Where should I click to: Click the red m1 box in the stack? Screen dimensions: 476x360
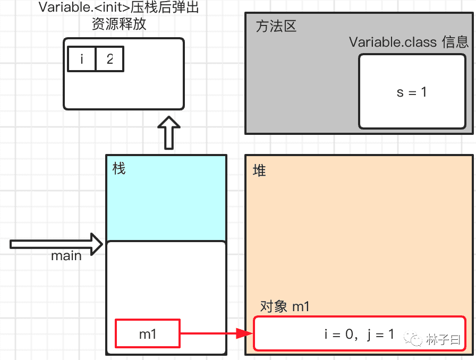click(148, 334)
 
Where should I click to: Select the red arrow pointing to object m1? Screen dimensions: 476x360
click(212, 334)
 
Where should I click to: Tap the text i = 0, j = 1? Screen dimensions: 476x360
click(359, 334)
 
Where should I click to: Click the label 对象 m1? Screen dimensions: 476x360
click(285, 306)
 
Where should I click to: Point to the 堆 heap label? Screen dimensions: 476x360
click(259, 170)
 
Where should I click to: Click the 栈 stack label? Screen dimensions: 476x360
click(119, 169)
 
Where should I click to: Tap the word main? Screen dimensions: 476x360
click(66, 256)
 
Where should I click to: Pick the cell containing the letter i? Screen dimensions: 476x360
click(82, 59)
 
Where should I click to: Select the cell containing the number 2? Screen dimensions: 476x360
click(109, 59)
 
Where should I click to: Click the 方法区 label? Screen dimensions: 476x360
click(276, 27)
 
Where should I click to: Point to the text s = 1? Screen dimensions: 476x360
click(412, 92)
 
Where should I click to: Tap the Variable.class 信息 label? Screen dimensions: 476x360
click(409, 42)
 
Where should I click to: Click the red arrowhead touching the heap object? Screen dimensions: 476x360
click(244, 334)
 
